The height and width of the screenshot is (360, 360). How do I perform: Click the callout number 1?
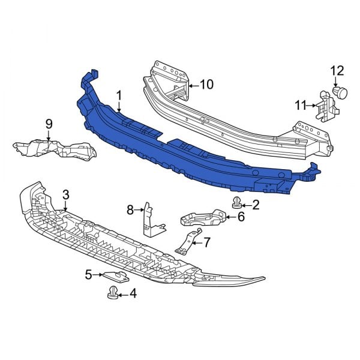(x=119, y=95)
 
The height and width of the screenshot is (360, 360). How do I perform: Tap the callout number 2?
(x=256, y=205)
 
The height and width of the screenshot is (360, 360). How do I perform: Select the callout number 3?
(x=65, y=194)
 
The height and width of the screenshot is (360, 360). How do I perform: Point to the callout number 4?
(x=133, y=294)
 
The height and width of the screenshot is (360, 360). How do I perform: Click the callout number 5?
(x=88, y=275)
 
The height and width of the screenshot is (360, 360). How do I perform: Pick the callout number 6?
(x=241, y=217)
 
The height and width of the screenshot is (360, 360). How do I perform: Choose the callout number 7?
(x=207, y=242)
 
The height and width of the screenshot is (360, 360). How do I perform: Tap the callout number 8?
(x=130, y=209)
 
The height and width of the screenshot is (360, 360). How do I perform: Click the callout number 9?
(x=49, y=124)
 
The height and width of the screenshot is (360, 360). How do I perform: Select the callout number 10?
(x=206, y=85)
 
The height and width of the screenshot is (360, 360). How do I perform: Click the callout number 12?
(x=336, y=71)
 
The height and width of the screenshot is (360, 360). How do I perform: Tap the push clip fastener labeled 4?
(x=112, y=293)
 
